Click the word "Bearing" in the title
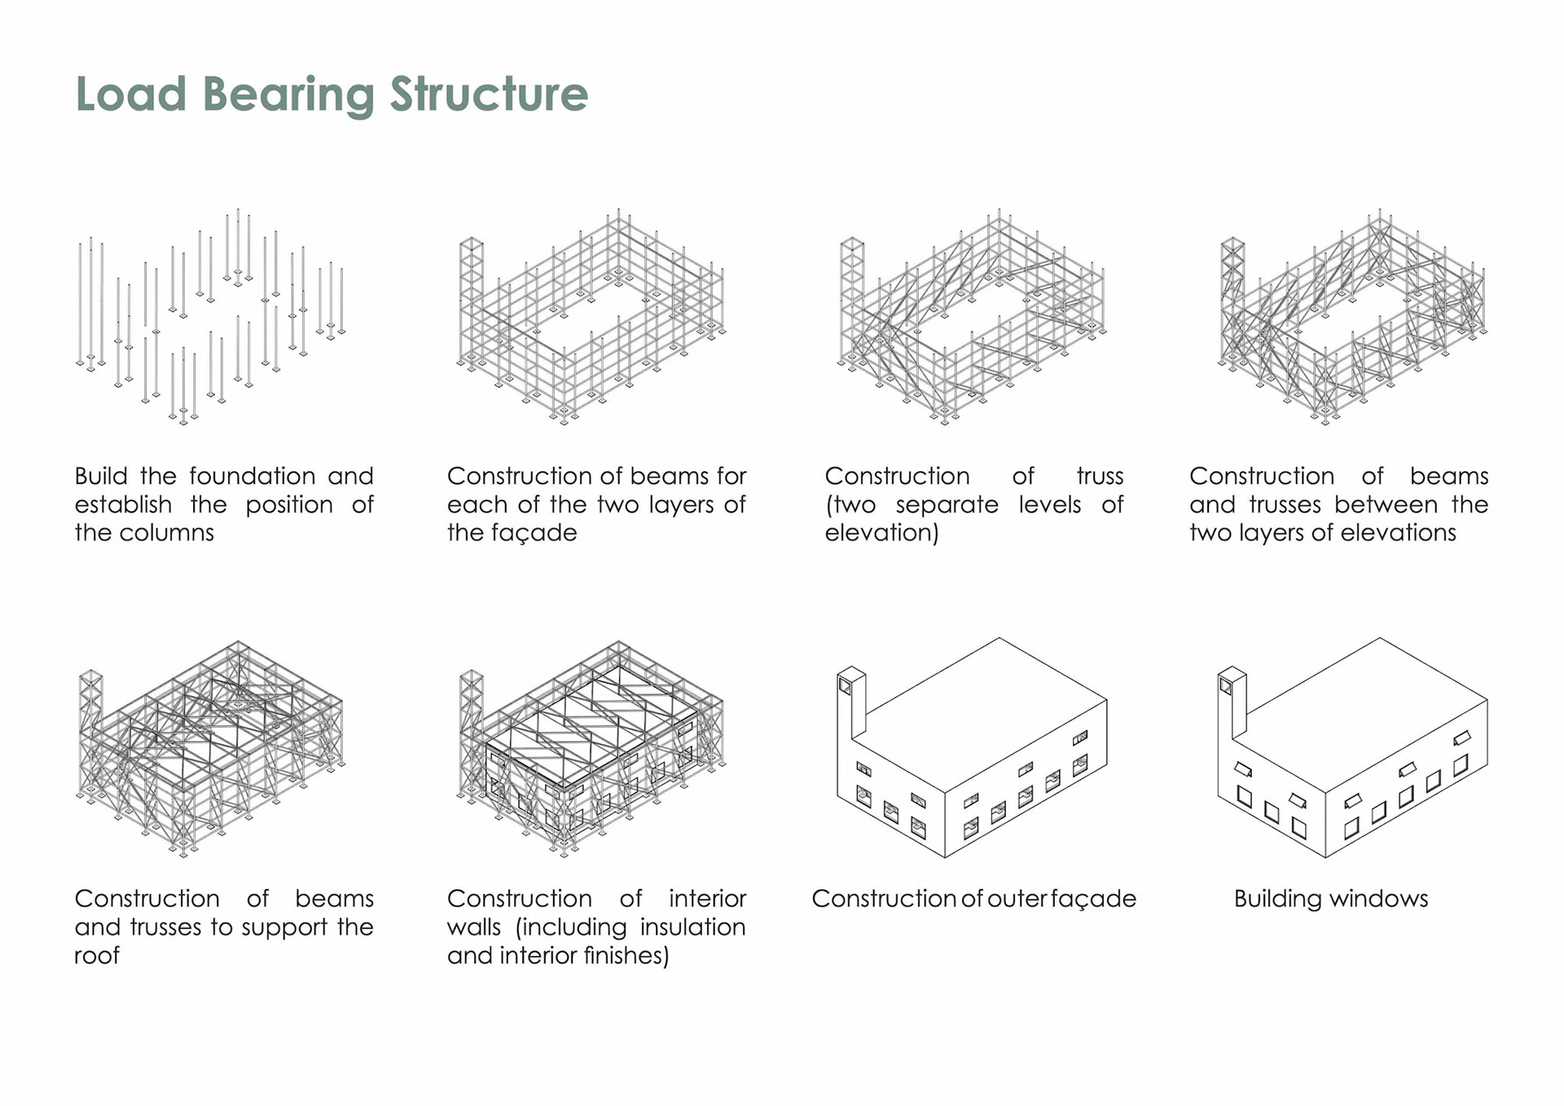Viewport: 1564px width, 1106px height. click(x=288, y=95)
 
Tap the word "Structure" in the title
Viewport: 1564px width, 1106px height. click(x=489, y=94)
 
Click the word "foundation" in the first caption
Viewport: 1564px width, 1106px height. click(x=253, y=476)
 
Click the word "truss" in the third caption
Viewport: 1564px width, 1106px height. click(x=1100, y=476)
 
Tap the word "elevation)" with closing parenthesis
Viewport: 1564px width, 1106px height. click(x=881, y=533)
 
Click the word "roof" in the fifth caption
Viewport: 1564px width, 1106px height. click(x=97, y=955)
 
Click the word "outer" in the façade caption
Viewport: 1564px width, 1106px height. click(x=1017, y=899)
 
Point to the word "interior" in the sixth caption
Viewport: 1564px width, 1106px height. click(x=707, y=898)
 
